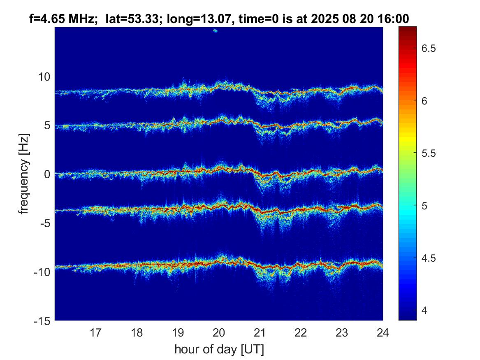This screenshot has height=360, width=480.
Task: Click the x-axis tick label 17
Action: [x=96, y=332]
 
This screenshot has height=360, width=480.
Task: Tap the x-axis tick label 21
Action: [x=260, y=332]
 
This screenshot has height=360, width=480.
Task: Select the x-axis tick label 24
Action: [x=383, y=332]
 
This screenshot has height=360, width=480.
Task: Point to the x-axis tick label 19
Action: [x=178, y=332]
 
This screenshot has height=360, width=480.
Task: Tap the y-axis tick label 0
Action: [x=47, y=174]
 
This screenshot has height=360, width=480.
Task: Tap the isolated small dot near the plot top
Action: [x=215, y=30]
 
